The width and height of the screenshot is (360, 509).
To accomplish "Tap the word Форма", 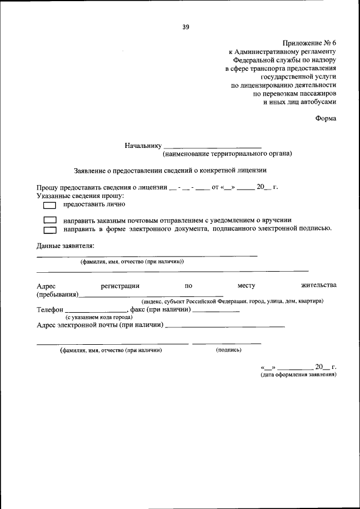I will pyautogui.click(x=326, y=118).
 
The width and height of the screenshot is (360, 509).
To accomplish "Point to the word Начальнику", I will pyautogui.click(x=143, y=146).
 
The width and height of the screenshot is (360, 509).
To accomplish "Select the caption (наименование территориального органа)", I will pyautogui.click(x=227, y=154).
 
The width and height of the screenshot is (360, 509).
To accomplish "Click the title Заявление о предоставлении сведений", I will pyautogui.click(x=170, y=169).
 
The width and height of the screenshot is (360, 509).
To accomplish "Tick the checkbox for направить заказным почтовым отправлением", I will pyautogui.click(x=50, y=220).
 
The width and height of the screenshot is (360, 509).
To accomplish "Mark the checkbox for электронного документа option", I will pyautogui.click(x=50, y=229).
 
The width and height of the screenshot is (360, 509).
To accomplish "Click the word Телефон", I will pyautogui.click(x=50, y=309).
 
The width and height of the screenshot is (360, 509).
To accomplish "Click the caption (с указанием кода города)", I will pyautogui.click(x=91, y=317).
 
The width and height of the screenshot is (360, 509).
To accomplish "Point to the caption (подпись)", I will pyautogui.click(x=228, y=350).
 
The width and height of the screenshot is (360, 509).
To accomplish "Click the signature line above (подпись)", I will pyautogui.click(x=227, y=343).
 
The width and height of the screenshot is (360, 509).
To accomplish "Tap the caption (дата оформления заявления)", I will pyautogui.click(x=298, y=373).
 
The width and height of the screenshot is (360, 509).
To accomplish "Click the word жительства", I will pyautogui.click(x=319, y=286).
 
